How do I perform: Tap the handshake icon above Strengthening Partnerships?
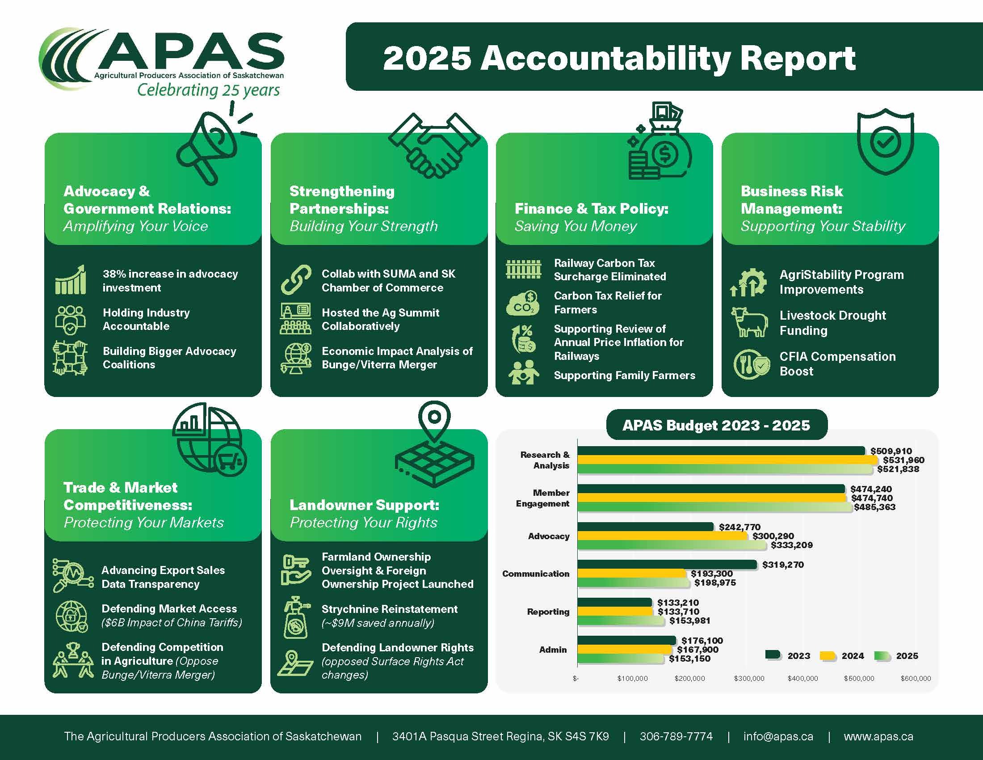(x=433, y=145)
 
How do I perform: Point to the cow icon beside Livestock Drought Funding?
(x=749, y=322)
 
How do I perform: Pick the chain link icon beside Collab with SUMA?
(x=296, y=279)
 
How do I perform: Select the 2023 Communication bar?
(x=667, y=565)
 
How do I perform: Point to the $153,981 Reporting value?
(x=689, y=621)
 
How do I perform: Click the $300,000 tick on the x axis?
(x=749, y=679)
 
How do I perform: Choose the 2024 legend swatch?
(x=827, y=656)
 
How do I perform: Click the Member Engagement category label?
(x=543, y=498)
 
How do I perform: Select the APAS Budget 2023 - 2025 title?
(x=716, y=425)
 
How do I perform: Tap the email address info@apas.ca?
(x=778, y=737)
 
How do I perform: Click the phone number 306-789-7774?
(x=676, y=737)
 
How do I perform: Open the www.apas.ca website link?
(x=878, y=737)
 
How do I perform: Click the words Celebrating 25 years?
(x=208, y=90)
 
